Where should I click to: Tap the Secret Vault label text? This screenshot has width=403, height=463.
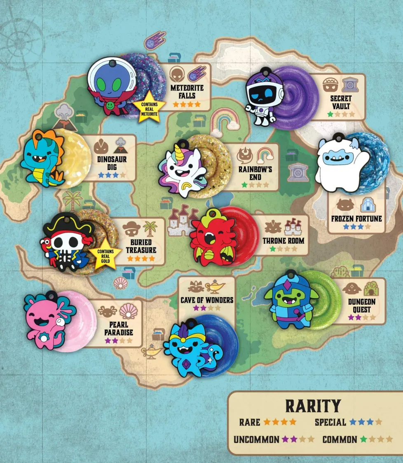[341, 102]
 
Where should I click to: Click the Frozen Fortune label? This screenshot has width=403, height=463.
[356, 218]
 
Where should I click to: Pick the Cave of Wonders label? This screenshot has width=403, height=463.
[206, 300]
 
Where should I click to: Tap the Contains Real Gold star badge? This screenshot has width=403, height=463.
[105, 253]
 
